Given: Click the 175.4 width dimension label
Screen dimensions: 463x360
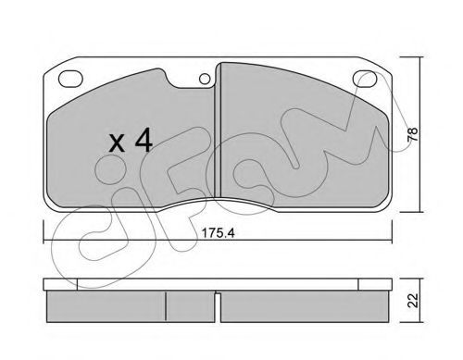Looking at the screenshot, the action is pyautogui.click(x=218, y=233).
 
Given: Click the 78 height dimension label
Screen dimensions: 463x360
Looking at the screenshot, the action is pyautogui.click(x=412, y=134).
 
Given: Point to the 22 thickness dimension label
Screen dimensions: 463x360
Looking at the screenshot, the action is pyautogui.click(x=413, y=301).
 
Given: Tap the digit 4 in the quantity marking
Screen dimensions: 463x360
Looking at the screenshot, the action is pyautogui.click(x=144, y=140).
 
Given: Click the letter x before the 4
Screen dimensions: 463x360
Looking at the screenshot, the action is pyautogui.click(x=118, y=143).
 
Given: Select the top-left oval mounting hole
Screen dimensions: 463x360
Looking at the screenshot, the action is pyautogui.click(x=70, y=79).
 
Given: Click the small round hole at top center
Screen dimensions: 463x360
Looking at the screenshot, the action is pyautogui.click(x=205, y=79).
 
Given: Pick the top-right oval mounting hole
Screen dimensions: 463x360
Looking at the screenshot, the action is pyautogui.click(x=365, y=79).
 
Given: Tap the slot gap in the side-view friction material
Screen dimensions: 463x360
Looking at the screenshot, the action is pyautogui.click(x=218, y=307).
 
